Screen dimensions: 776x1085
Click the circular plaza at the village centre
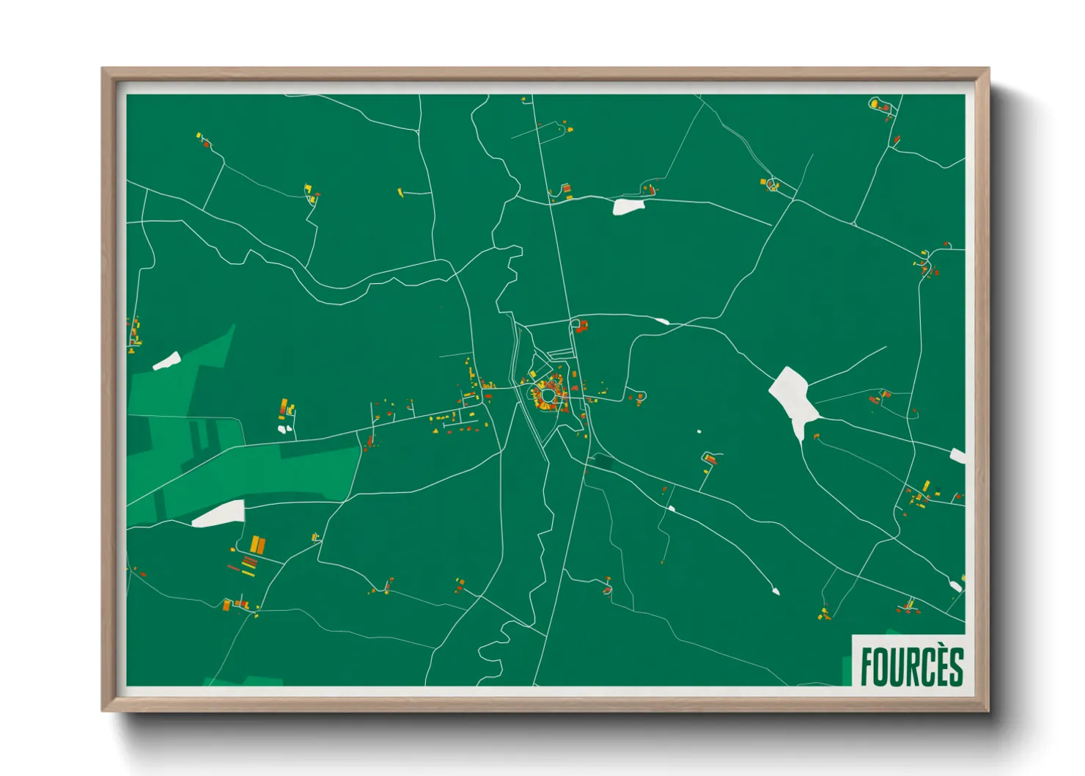click(x=548, y=396)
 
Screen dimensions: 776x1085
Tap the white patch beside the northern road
click(x=628, y=206)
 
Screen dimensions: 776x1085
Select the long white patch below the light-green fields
click(x=218, y=513)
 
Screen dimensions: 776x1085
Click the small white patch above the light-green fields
click(x=167, y=361)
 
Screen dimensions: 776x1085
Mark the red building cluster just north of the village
click(x=581, y=326)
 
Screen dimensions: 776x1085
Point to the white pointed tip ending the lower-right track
click(x=776, y=590)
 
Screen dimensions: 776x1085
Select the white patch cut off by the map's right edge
click(x=957, y=455)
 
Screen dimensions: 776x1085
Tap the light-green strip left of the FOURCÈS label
click(x=847, y=670)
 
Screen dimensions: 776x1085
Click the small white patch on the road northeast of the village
click(x=662, y=321)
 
